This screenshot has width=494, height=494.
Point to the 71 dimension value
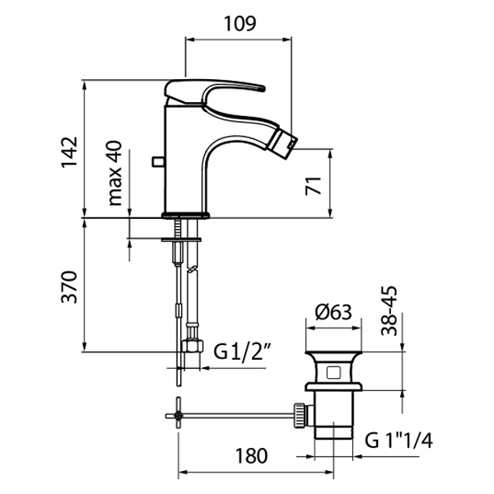point(313,184)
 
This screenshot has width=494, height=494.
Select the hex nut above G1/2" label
point(193,344)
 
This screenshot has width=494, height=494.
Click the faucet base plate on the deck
point(187,216)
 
